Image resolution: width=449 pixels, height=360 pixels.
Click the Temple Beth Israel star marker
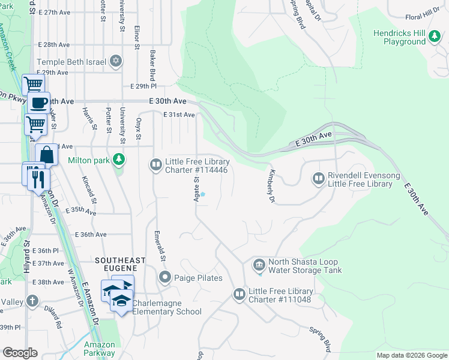(x=115, y=61)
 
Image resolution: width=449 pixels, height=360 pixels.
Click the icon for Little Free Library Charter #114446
(x=155, y=164)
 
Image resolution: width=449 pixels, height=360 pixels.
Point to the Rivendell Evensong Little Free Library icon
(x=318, y=178)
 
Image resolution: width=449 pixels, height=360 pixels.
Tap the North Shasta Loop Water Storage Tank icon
(x=259, y=265)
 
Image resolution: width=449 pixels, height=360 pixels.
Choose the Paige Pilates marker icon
(x=165, y=277)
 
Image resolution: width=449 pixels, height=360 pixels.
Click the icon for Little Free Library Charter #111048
(x=239, y=294)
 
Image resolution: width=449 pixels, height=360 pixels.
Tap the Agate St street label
(x=196, y=188)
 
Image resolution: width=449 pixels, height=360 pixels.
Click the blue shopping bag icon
(x=47, y=155)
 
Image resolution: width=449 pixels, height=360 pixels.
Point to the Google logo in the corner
(x=20, y=353)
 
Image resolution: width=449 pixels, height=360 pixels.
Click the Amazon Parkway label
(x=100, y=349)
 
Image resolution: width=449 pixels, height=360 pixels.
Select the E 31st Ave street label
(x=179, y=115)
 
